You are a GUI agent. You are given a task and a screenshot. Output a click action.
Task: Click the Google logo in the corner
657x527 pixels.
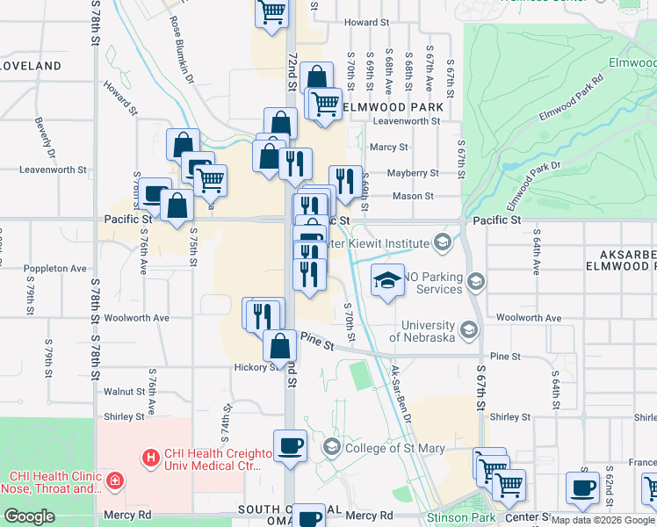[x=28, y=516]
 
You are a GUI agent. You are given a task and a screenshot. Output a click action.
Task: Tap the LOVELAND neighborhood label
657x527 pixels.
[x=31, y=66]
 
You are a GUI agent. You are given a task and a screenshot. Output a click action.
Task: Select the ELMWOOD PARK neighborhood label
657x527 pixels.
[x=391, y=107]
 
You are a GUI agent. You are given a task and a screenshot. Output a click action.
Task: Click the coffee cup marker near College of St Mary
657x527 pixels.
[x=291, y=446]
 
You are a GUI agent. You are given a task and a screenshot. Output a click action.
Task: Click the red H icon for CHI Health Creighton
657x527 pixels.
[x=150, y=457]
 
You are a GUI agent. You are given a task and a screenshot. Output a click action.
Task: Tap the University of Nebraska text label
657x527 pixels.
[x=422, y=330]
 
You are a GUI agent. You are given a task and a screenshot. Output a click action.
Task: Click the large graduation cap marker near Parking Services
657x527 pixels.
[x=387, y=281]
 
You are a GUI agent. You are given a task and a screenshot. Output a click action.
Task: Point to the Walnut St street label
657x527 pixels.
[x=124, y=392]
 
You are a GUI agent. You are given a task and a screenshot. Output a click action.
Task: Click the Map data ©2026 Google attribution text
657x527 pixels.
[x=603, y=521]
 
